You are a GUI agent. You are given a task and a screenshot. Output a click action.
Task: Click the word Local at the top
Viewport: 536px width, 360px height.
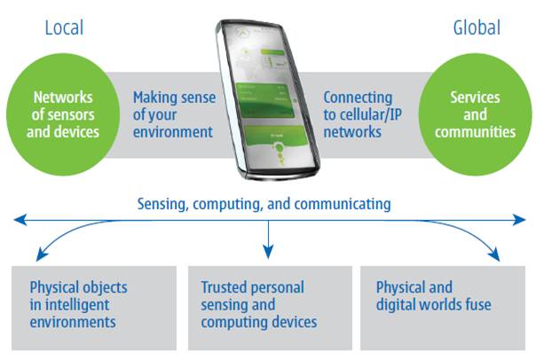coord(64,27)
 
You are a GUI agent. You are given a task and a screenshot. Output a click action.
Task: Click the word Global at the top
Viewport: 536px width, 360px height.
coord(476,27)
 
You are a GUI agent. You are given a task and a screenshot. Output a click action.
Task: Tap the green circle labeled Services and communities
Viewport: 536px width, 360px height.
coord(475,115)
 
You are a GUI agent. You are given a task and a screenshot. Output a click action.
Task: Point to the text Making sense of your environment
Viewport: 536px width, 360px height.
coord(173,114)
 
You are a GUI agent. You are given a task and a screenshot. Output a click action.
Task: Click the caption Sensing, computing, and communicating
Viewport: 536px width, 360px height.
coord(264,204)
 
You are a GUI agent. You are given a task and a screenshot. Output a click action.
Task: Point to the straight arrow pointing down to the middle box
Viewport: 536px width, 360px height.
coord(268,240)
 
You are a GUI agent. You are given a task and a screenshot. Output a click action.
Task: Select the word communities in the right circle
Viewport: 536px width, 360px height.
coord(476,132)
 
